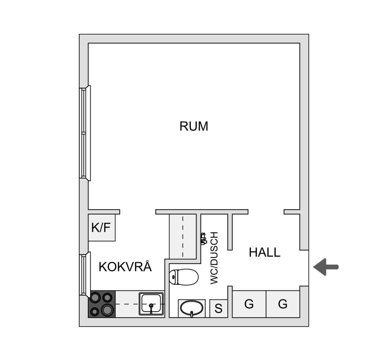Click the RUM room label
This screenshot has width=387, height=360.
point(194,126)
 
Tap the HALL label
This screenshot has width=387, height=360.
point(264,252)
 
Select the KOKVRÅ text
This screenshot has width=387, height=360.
point(125,266)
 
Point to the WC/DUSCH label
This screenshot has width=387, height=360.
point(214,258)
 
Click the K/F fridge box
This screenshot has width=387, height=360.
point(102,227)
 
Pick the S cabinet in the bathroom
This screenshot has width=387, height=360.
point(218,308)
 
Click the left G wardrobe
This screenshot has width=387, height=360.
point(249,304)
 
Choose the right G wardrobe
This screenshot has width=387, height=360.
point(283,304)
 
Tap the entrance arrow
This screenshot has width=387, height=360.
point(326,267)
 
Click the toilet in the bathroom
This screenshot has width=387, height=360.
point(184,277)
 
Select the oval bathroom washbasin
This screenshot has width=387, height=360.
point(192,308)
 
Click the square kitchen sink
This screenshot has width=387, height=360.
point(151,304)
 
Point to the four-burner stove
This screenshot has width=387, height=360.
point(102,304)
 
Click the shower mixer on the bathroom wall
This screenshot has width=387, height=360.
point(204,239)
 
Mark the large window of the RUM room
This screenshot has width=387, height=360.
point(85,133)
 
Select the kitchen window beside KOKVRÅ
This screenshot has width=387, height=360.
point(85,274)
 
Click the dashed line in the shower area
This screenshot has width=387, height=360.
point(183,236)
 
